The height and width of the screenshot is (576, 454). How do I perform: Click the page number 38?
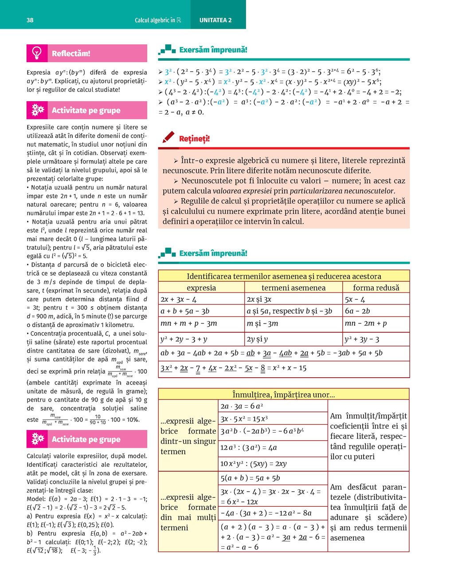30,20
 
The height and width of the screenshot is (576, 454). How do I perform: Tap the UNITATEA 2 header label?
215,20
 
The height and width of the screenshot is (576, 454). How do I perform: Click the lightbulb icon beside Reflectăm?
37,53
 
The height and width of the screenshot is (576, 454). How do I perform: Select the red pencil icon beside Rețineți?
168,137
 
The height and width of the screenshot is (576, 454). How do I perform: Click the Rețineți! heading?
194,139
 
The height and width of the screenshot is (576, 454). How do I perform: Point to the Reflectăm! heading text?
71,54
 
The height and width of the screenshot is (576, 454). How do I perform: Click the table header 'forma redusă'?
376,288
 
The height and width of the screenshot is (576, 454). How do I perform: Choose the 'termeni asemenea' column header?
293,288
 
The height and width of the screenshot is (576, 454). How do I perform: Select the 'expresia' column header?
201,288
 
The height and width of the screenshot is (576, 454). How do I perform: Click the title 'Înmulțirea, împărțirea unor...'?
284,395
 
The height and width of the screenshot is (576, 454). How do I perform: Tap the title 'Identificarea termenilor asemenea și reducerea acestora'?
284,276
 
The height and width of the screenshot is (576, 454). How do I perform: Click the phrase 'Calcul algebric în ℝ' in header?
158,20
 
